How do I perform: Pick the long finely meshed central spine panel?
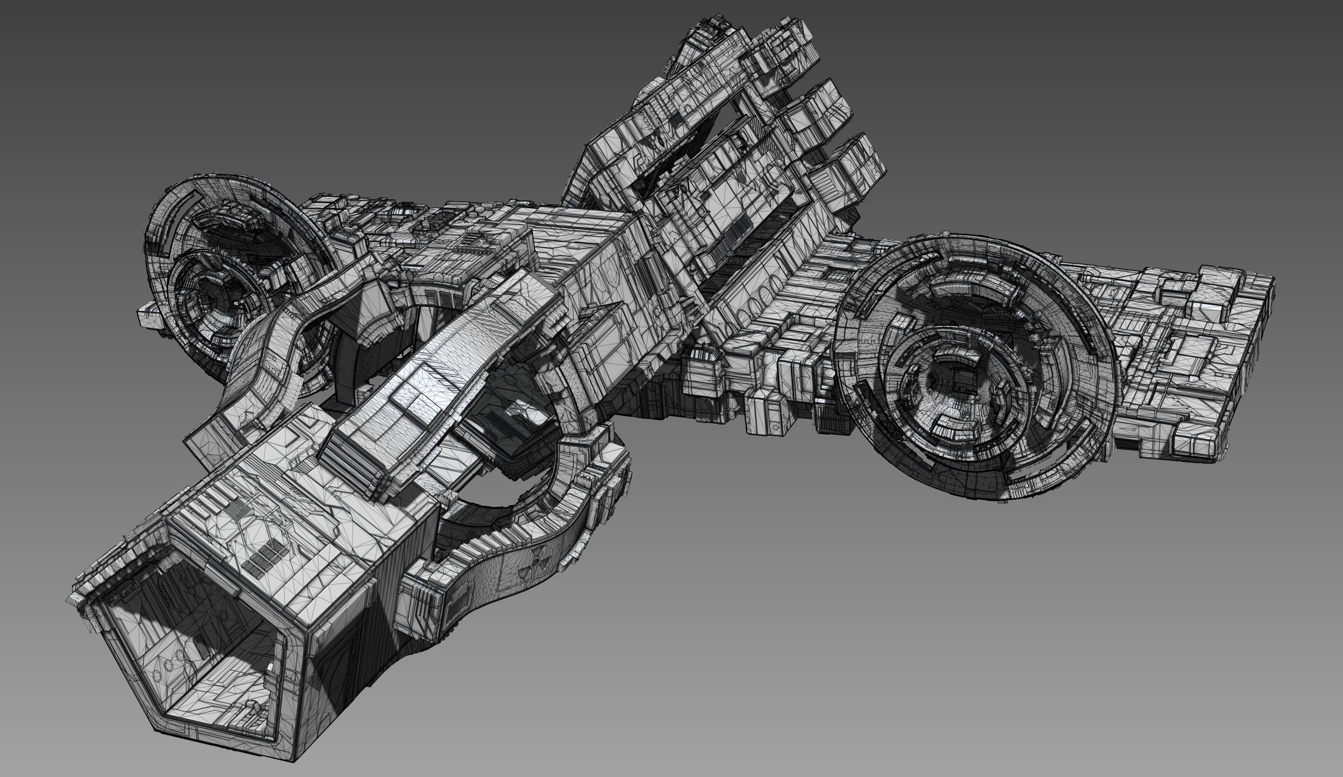(426, 373)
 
